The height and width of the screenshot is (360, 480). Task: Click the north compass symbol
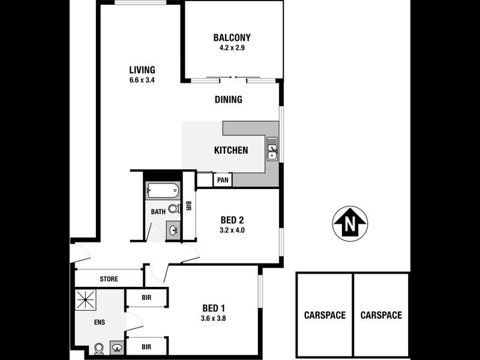(x=350, y=223)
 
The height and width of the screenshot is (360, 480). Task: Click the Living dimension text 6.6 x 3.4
(x=142, y=80)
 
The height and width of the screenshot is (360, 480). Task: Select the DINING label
(x=228, y=100)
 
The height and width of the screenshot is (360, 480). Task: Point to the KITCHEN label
(x=231, y=150)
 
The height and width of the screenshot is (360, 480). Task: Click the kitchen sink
(x=272, y=148)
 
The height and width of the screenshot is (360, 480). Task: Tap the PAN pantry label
(x=222, y=179)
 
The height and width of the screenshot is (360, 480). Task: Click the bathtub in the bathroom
(x=163, y=191)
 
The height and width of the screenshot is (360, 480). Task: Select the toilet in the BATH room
(x=173, y=209)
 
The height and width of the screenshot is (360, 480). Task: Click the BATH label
(x=158, y=212)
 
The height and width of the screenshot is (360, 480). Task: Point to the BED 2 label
(x=233, y=219)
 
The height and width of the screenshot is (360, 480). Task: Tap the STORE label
(x=109, y=279)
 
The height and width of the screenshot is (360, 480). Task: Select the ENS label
(x=100, y=322)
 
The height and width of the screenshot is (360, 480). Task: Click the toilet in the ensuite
(x=99, y=347)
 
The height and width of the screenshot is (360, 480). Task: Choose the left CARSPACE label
(x=325, y=315)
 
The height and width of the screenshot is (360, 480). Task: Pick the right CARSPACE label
(x=381, y=315)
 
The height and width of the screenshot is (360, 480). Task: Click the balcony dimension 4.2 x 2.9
(x=232, y=49)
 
